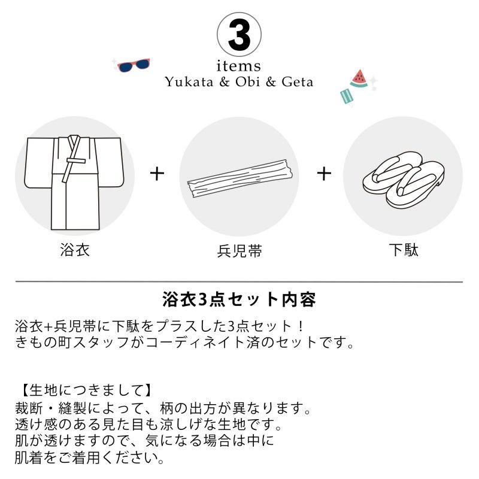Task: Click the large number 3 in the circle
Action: coord(239,35)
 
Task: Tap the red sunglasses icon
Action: coord(134,65)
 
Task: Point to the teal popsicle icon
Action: coord(346,96)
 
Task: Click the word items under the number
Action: coord(238,66)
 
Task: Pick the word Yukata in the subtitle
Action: coord(189,82)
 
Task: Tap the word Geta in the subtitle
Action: coord(297,82)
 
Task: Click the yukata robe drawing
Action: coord(74,182)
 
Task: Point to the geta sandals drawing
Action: coord(403,180)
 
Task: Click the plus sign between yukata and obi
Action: coord(157,174)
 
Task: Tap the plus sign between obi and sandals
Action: coord(324,174)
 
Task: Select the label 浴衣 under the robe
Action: coord(74,250)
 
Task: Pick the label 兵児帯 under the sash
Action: coord(239,251)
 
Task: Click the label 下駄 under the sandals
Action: coord(403,250)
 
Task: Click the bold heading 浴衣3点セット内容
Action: coord(239,300)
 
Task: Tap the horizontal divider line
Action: coord(239,281)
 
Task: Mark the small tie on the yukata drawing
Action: coord(76,160)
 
